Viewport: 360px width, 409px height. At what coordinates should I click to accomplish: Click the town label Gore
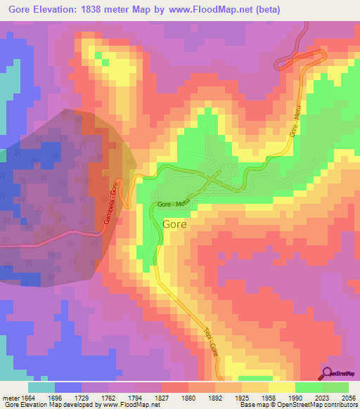[x=174, y=226]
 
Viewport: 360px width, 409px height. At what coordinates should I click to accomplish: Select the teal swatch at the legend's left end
[x=41, y=387]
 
